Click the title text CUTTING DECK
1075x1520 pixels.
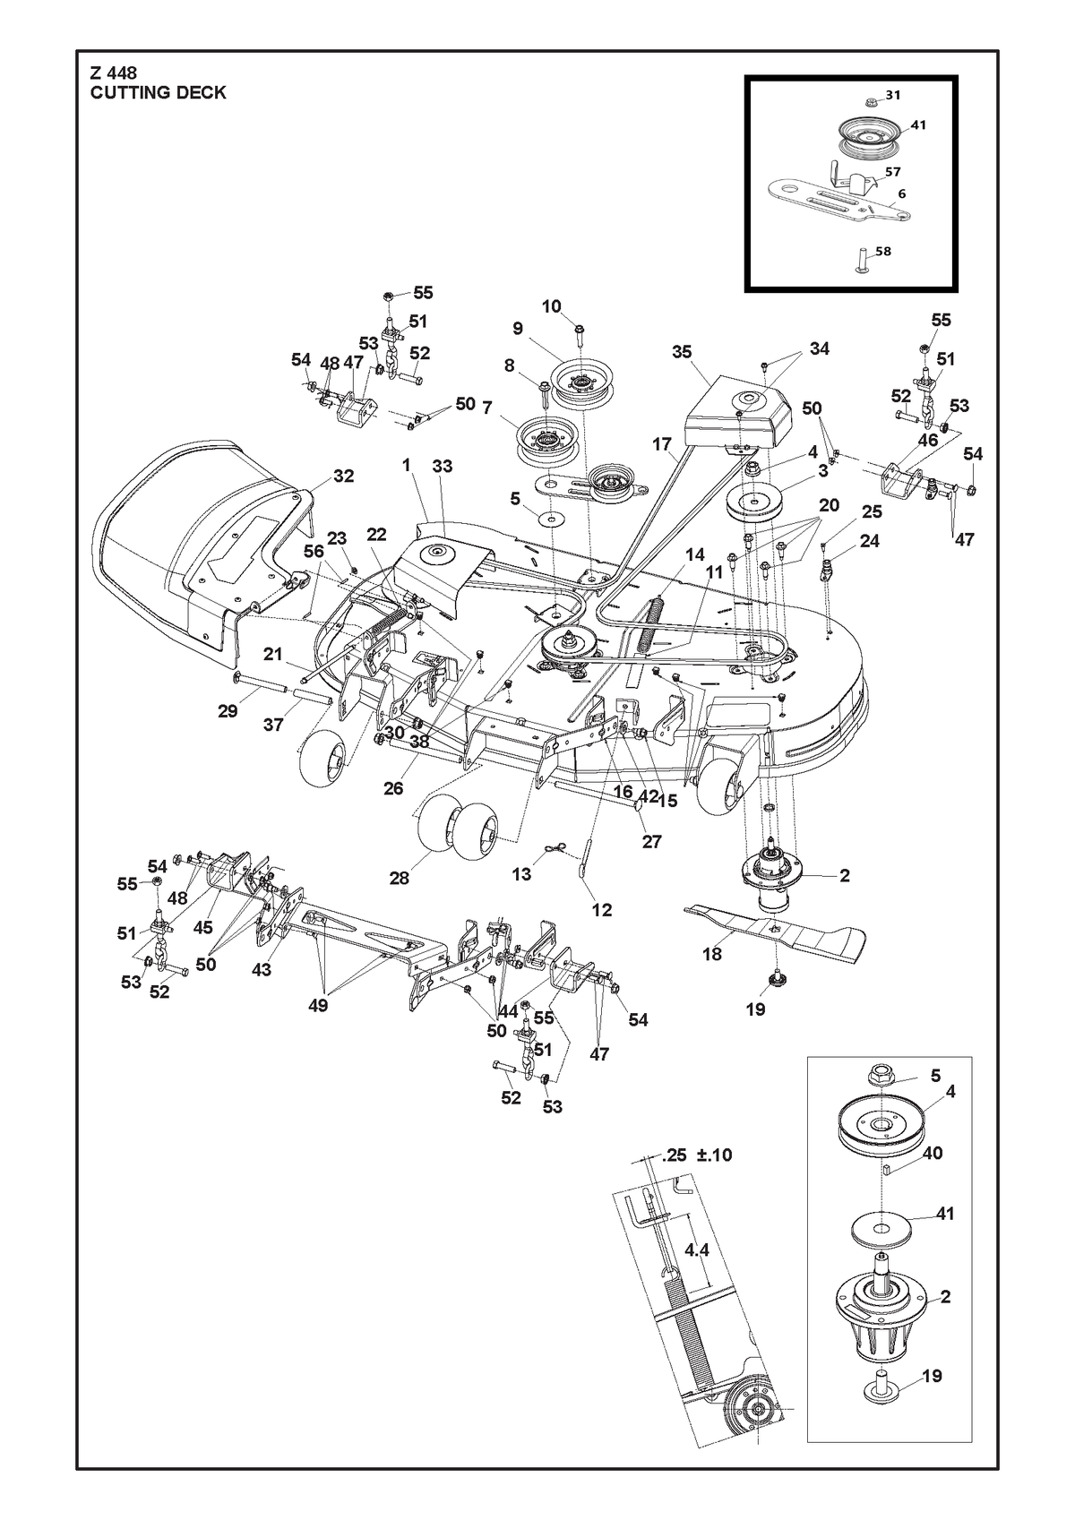(x=159, y=93)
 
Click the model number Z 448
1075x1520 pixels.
(x=114, y=73)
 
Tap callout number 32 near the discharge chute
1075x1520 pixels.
(x=344, y=477)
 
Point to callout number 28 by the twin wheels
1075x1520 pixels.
(x=399, y=878)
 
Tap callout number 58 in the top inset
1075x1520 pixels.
(x=883, y=251)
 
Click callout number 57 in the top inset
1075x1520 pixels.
(x=892, y=172)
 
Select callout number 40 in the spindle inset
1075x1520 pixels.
(x=933, y=1153)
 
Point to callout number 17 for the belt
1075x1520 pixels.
(x=662, y=444)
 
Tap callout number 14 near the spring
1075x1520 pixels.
(x=695, y=554)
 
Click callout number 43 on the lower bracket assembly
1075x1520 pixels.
(x=262, y=970)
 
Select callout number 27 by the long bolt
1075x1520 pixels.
(x=651, y=841)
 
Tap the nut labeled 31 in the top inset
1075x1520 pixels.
(x=872, y=102)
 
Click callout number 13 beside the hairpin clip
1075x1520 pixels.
(x=521, y=874)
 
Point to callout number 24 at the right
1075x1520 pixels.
(x=869, y=541)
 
